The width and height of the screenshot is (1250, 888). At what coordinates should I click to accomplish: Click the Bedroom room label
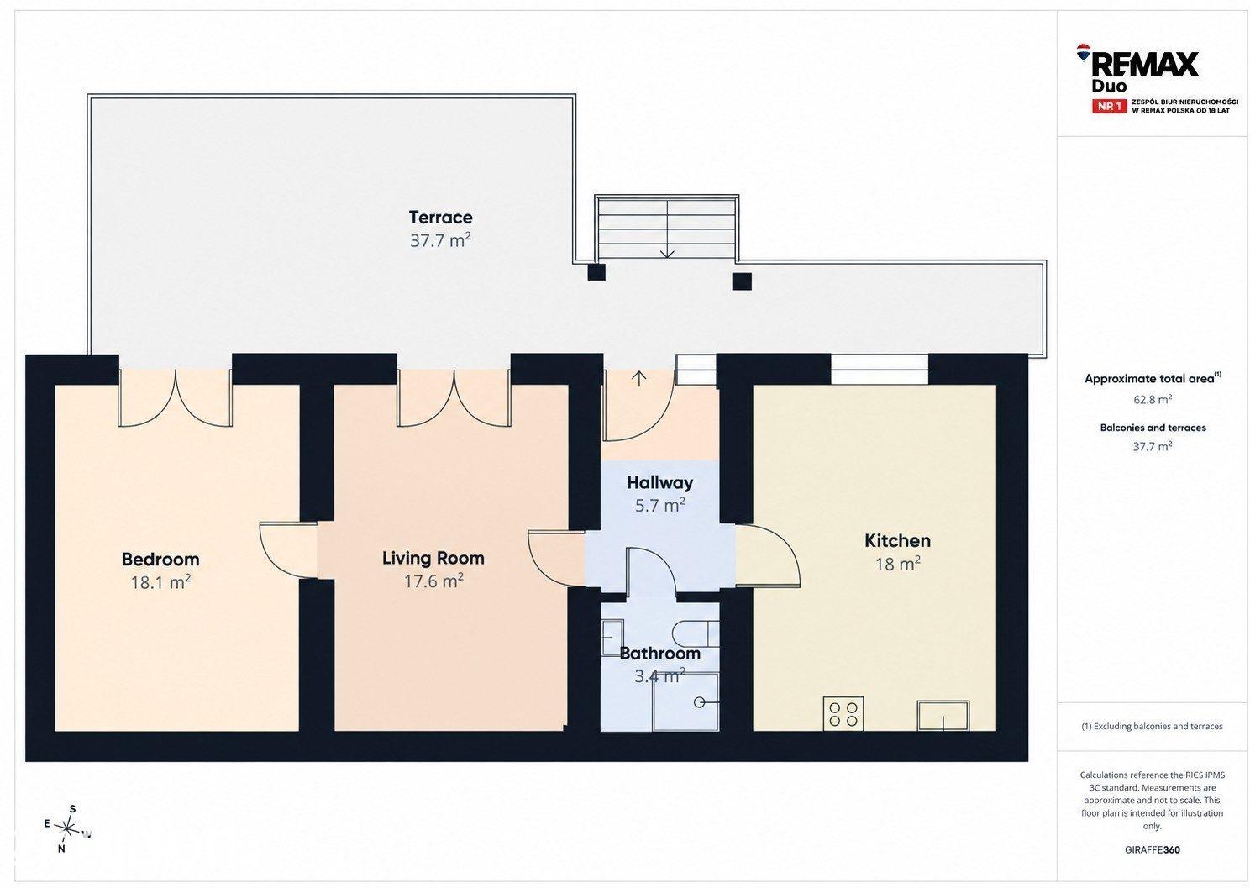(x=160, y=559)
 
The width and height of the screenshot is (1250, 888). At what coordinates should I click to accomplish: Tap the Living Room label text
(x=433, y=558)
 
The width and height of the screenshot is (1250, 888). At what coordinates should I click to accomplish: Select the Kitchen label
(x=897, y=540)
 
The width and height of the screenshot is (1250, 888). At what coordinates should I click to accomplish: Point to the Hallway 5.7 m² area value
(x=660, y=505)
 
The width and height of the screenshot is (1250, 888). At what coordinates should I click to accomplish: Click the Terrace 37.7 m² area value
(x=440, y=240)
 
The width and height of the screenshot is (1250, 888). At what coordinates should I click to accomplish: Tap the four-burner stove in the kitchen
(x=843, y=713)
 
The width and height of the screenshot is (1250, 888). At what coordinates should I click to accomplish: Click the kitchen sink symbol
(x=943, y=716)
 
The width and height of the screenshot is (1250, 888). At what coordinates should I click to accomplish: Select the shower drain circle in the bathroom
(x=700, y=702)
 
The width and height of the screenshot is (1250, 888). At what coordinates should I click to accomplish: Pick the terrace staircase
(x=667, y=229)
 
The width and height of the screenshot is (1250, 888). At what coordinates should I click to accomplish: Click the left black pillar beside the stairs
(x=596, y=272)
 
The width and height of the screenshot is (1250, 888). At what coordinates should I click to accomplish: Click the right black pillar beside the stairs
(x=742, y=281)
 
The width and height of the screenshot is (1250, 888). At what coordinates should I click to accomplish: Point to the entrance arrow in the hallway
(x=638, y=378)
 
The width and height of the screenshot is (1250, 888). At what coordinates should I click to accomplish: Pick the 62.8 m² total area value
(x=1153, y=399)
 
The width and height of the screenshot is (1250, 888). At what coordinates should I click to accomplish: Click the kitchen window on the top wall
(x=880, y=370)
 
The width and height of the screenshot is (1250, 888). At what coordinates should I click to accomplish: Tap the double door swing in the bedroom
(x=176, y=398)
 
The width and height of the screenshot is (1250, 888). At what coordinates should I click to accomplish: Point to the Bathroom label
(x=659, y=653)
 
